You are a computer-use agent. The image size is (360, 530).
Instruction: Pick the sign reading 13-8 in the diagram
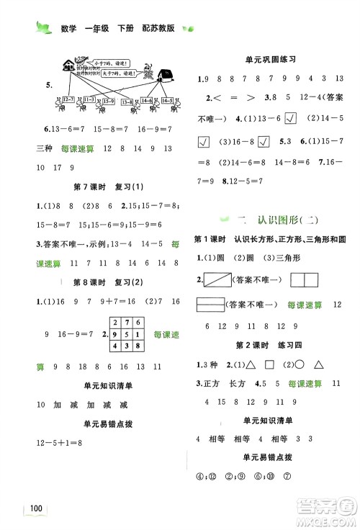click(133, 102)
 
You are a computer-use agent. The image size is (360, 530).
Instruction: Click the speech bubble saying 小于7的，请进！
click(94, 60)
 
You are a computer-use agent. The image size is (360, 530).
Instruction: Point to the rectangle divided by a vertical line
click(311, 279)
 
